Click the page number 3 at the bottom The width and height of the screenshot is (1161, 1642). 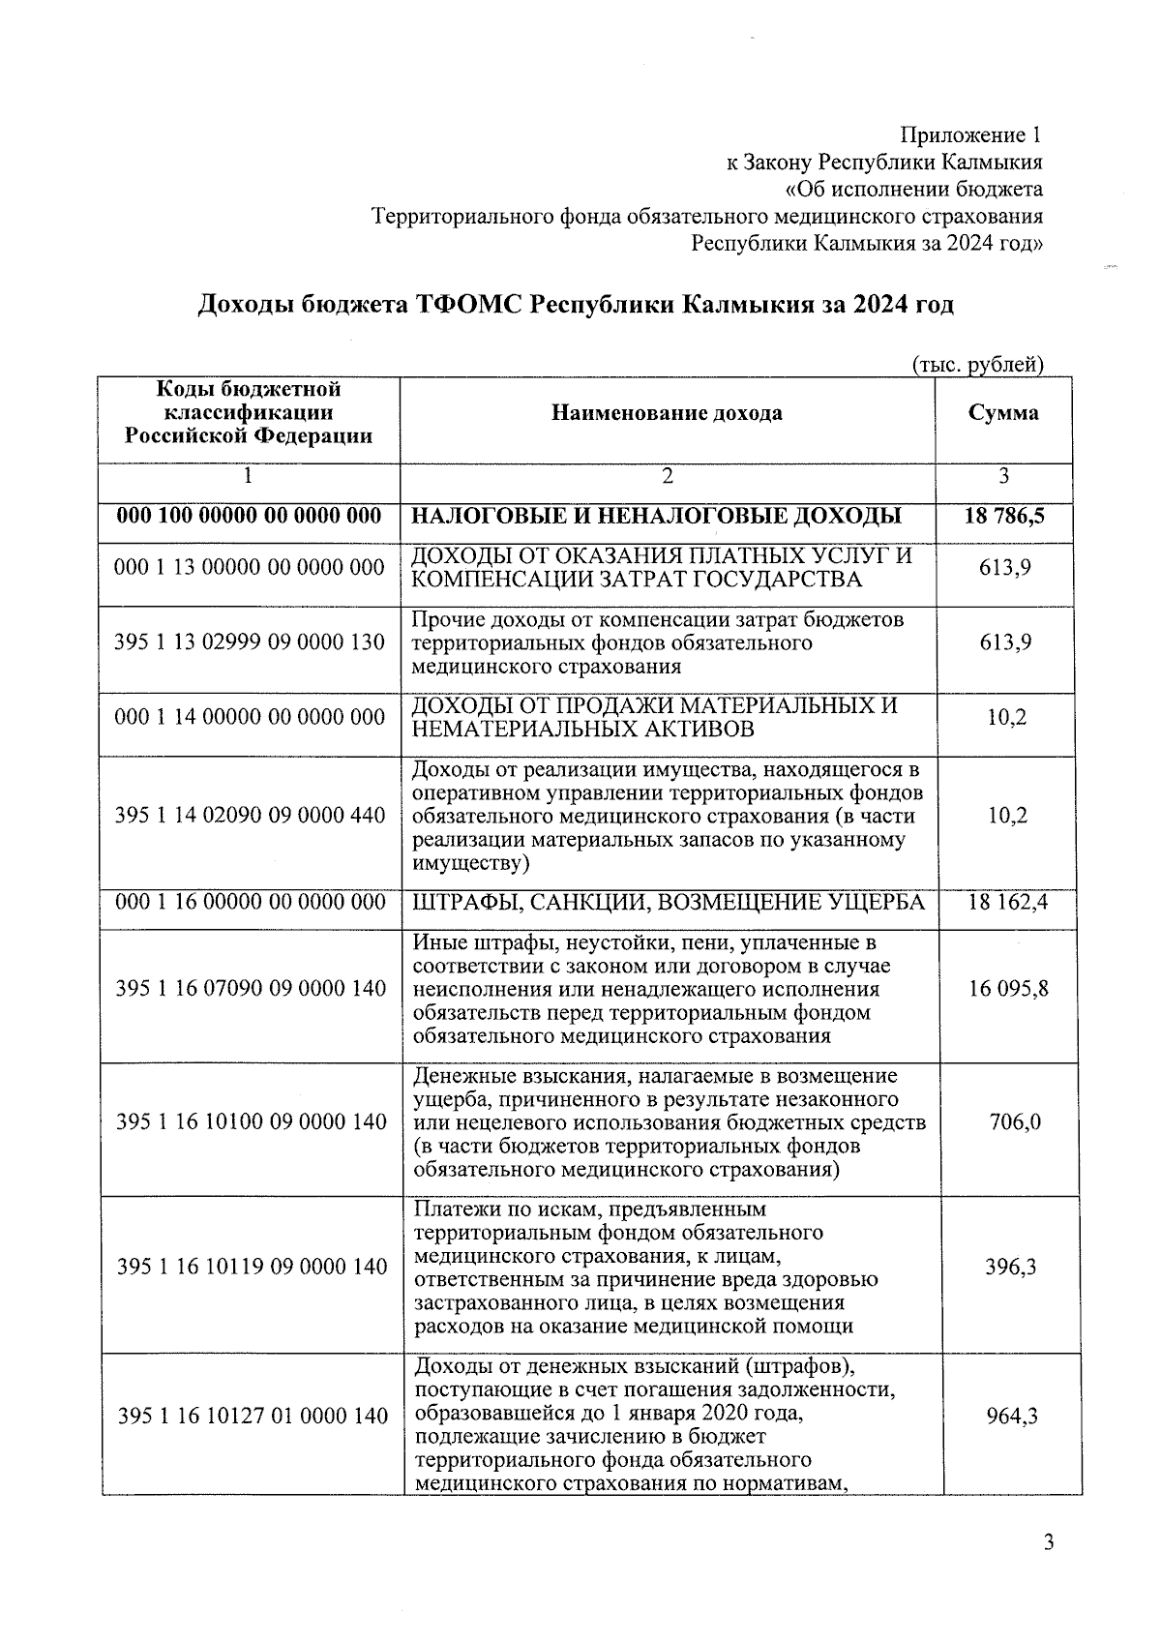(1048, 1541)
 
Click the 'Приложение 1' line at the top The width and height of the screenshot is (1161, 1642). (971, 134)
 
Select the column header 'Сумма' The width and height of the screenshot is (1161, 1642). (1003, 413)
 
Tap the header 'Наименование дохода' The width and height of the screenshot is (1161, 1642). (667, 413)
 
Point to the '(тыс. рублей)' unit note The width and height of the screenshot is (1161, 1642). (978, 365)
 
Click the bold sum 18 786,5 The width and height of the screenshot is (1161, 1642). (1004, 516)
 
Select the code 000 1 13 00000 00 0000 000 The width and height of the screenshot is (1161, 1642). (250, 567)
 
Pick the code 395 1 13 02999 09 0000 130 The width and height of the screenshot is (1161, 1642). (250, 642)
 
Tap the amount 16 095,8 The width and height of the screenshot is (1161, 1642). (1008, 988)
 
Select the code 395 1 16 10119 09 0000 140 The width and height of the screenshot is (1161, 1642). (252, 1267)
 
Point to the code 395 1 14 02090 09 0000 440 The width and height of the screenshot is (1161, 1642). (250, 815)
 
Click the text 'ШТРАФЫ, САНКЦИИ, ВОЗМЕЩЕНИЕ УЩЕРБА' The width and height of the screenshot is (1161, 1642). (669, 902)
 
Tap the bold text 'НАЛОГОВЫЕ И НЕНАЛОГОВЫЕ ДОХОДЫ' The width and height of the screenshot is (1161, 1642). (657, 516)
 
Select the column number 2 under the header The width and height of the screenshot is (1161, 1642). (667, 475)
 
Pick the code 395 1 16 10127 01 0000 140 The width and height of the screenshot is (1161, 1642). (252, 1416)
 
